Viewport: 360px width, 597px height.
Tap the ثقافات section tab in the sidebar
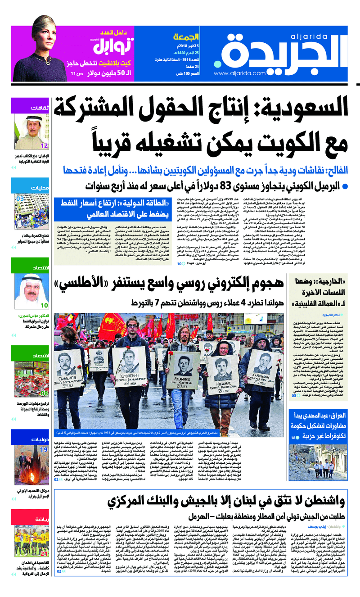click(x=40, y=108)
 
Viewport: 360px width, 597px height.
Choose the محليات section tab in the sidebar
click(x=40, y=188)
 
